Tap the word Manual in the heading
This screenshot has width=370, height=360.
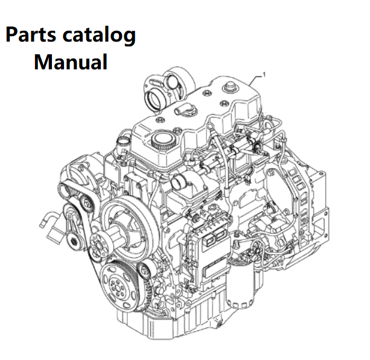(71, 62)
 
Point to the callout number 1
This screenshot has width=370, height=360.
(265, 74)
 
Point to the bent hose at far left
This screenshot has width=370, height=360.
(51, 223)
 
